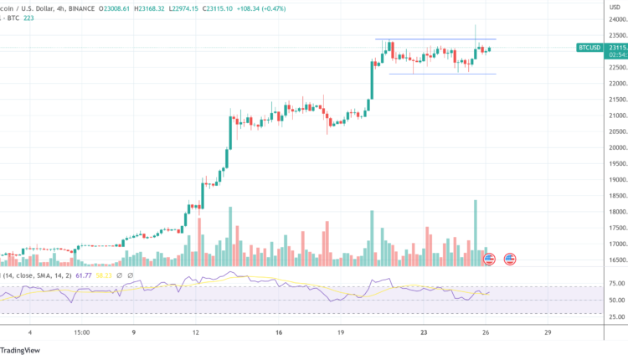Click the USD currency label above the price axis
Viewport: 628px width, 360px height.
[615, 7]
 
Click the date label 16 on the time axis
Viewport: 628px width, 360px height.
[279, 332]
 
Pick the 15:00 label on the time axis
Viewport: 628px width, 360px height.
[82, 332]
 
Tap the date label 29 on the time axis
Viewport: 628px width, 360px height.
[547, 332]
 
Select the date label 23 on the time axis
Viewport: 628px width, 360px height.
[425, 332]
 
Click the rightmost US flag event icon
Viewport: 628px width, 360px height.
[508, 260]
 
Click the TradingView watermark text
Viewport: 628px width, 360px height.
[23, 351]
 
